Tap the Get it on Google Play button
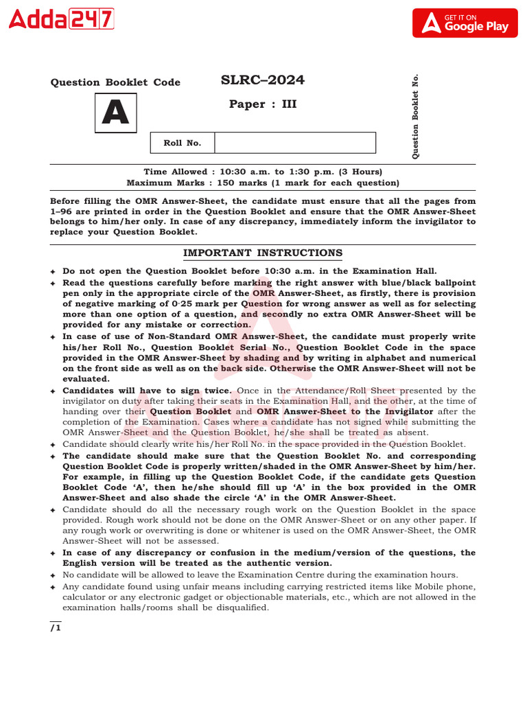465,23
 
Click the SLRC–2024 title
263,80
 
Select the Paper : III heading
263,104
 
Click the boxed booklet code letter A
115,113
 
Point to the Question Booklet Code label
115,82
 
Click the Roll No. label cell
182,143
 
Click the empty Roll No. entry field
295,143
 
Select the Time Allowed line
263,172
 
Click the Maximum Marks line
263,183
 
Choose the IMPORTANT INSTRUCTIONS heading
263,253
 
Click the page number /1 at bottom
56,627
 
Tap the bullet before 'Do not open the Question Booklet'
53,272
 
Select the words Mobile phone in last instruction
449,586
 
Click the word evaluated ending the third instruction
86,379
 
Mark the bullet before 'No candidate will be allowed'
53,575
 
